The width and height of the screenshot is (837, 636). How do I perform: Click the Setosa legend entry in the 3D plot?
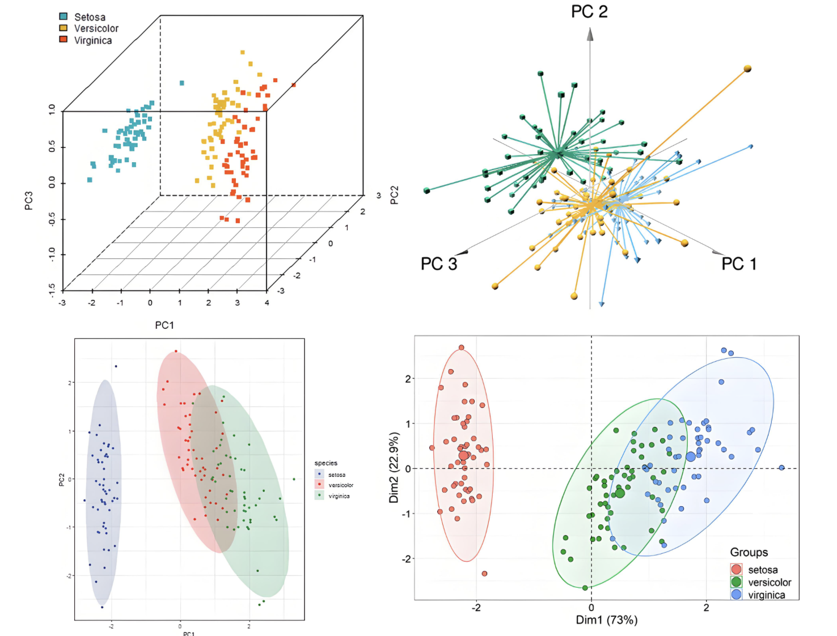89,17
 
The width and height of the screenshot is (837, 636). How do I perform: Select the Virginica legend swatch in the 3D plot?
64,40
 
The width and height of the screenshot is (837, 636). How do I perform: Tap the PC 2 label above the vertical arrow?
589,12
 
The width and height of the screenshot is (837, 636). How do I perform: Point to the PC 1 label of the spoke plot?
738,264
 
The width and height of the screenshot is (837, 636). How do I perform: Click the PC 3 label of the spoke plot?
438,264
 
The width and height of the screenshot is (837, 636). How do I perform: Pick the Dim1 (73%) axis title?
606,620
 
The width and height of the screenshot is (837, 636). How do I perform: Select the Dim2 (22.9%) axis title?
394,468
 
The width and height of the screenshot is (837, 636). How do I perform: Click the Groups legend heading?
749,552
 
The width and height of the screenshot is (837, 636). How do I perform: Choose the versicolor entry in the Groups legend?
769,582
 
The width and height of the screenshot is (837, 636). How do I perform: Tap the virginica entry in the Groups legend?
766,595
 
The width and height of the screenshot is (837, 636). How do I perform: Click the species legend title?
325,463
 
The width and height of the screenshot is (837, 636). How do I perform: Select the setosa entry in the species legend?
336,474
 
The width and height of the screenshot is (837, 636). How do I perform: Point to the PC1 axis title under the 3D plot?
164,325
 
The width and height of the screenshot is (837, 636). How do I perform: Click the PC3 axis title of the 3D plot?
29,201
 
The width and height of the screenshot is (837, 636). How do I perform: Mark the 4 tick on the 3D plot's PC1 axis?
267,303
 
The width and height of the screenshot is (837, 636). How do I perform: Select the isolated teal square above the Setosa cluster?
182,83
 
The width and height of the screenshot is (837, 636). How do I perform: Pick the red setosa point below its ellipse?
484,574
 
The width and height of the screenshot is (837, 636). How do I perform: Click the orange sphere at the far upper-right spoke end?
747,69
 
